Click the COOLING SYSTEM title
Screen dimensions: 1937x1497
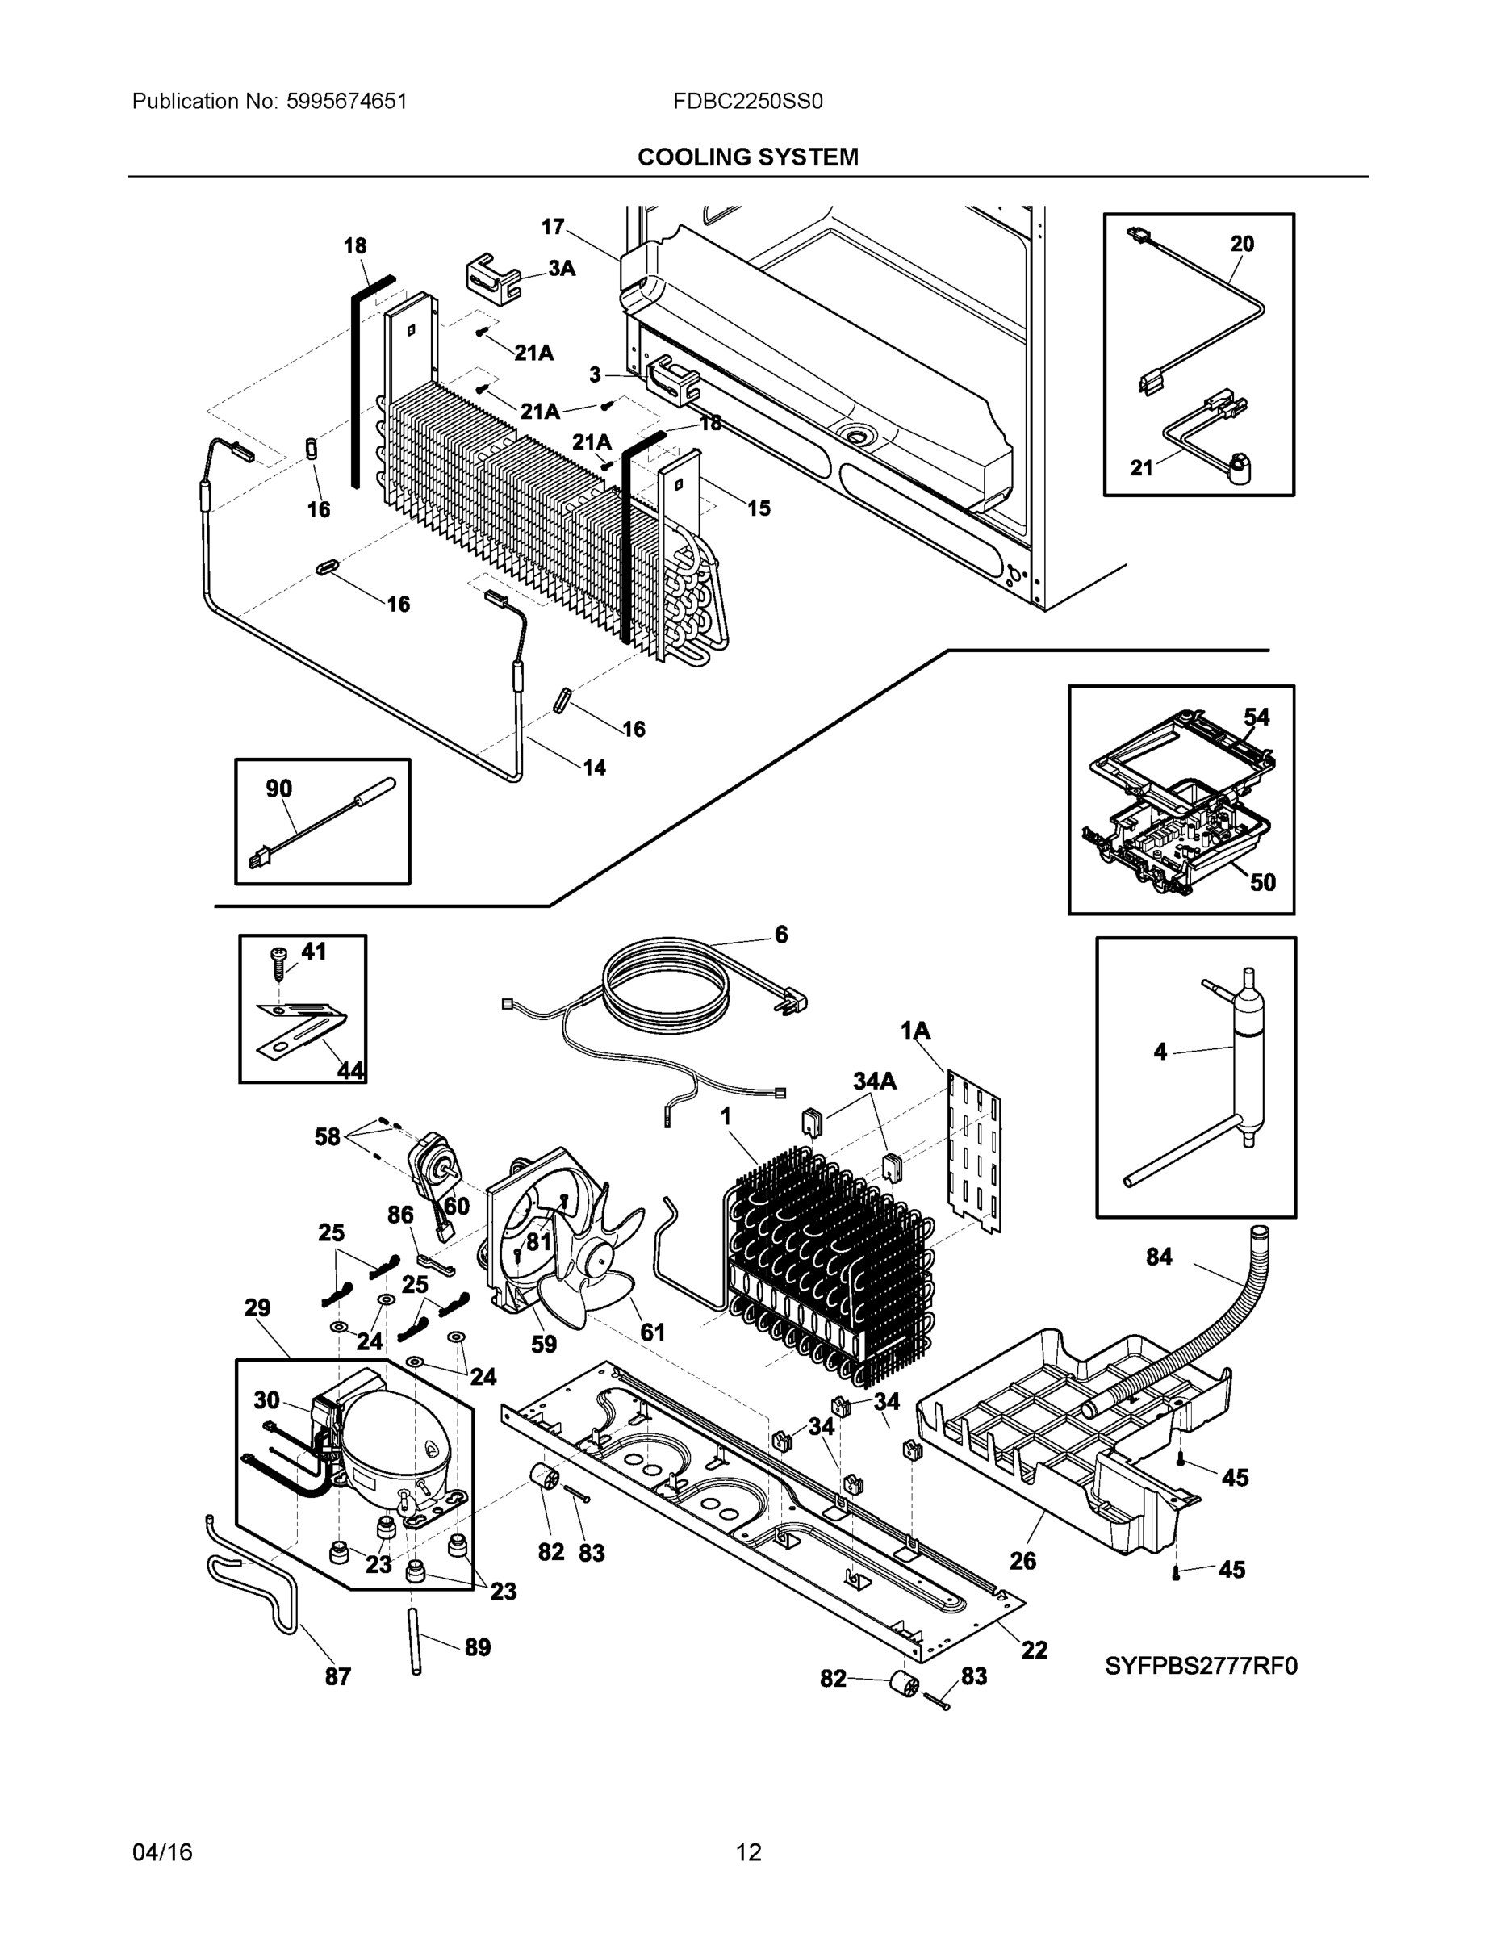[747, 157]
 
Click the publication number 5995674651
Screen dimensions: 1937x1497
[346, 101]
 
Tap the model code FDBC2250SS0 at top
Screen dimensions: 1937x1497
[747, 101]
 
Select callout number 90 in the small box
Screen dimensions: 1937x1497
[278, 789]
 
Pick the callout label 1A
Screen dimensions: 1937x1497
[915, 1031]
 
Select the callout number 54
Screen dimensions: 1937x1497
[1256, 717]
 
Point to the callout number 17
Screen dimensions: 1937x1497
[553, 227]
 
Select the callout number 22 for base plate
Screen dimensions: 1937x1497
[1034, 1650]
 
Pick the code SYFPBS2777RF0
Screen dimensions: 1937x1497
[1201, 1667]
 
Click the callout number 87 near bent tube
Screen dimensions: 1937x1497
[337, 1676]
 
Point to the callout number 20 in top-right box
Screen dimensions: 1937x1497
[1242, 244]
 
